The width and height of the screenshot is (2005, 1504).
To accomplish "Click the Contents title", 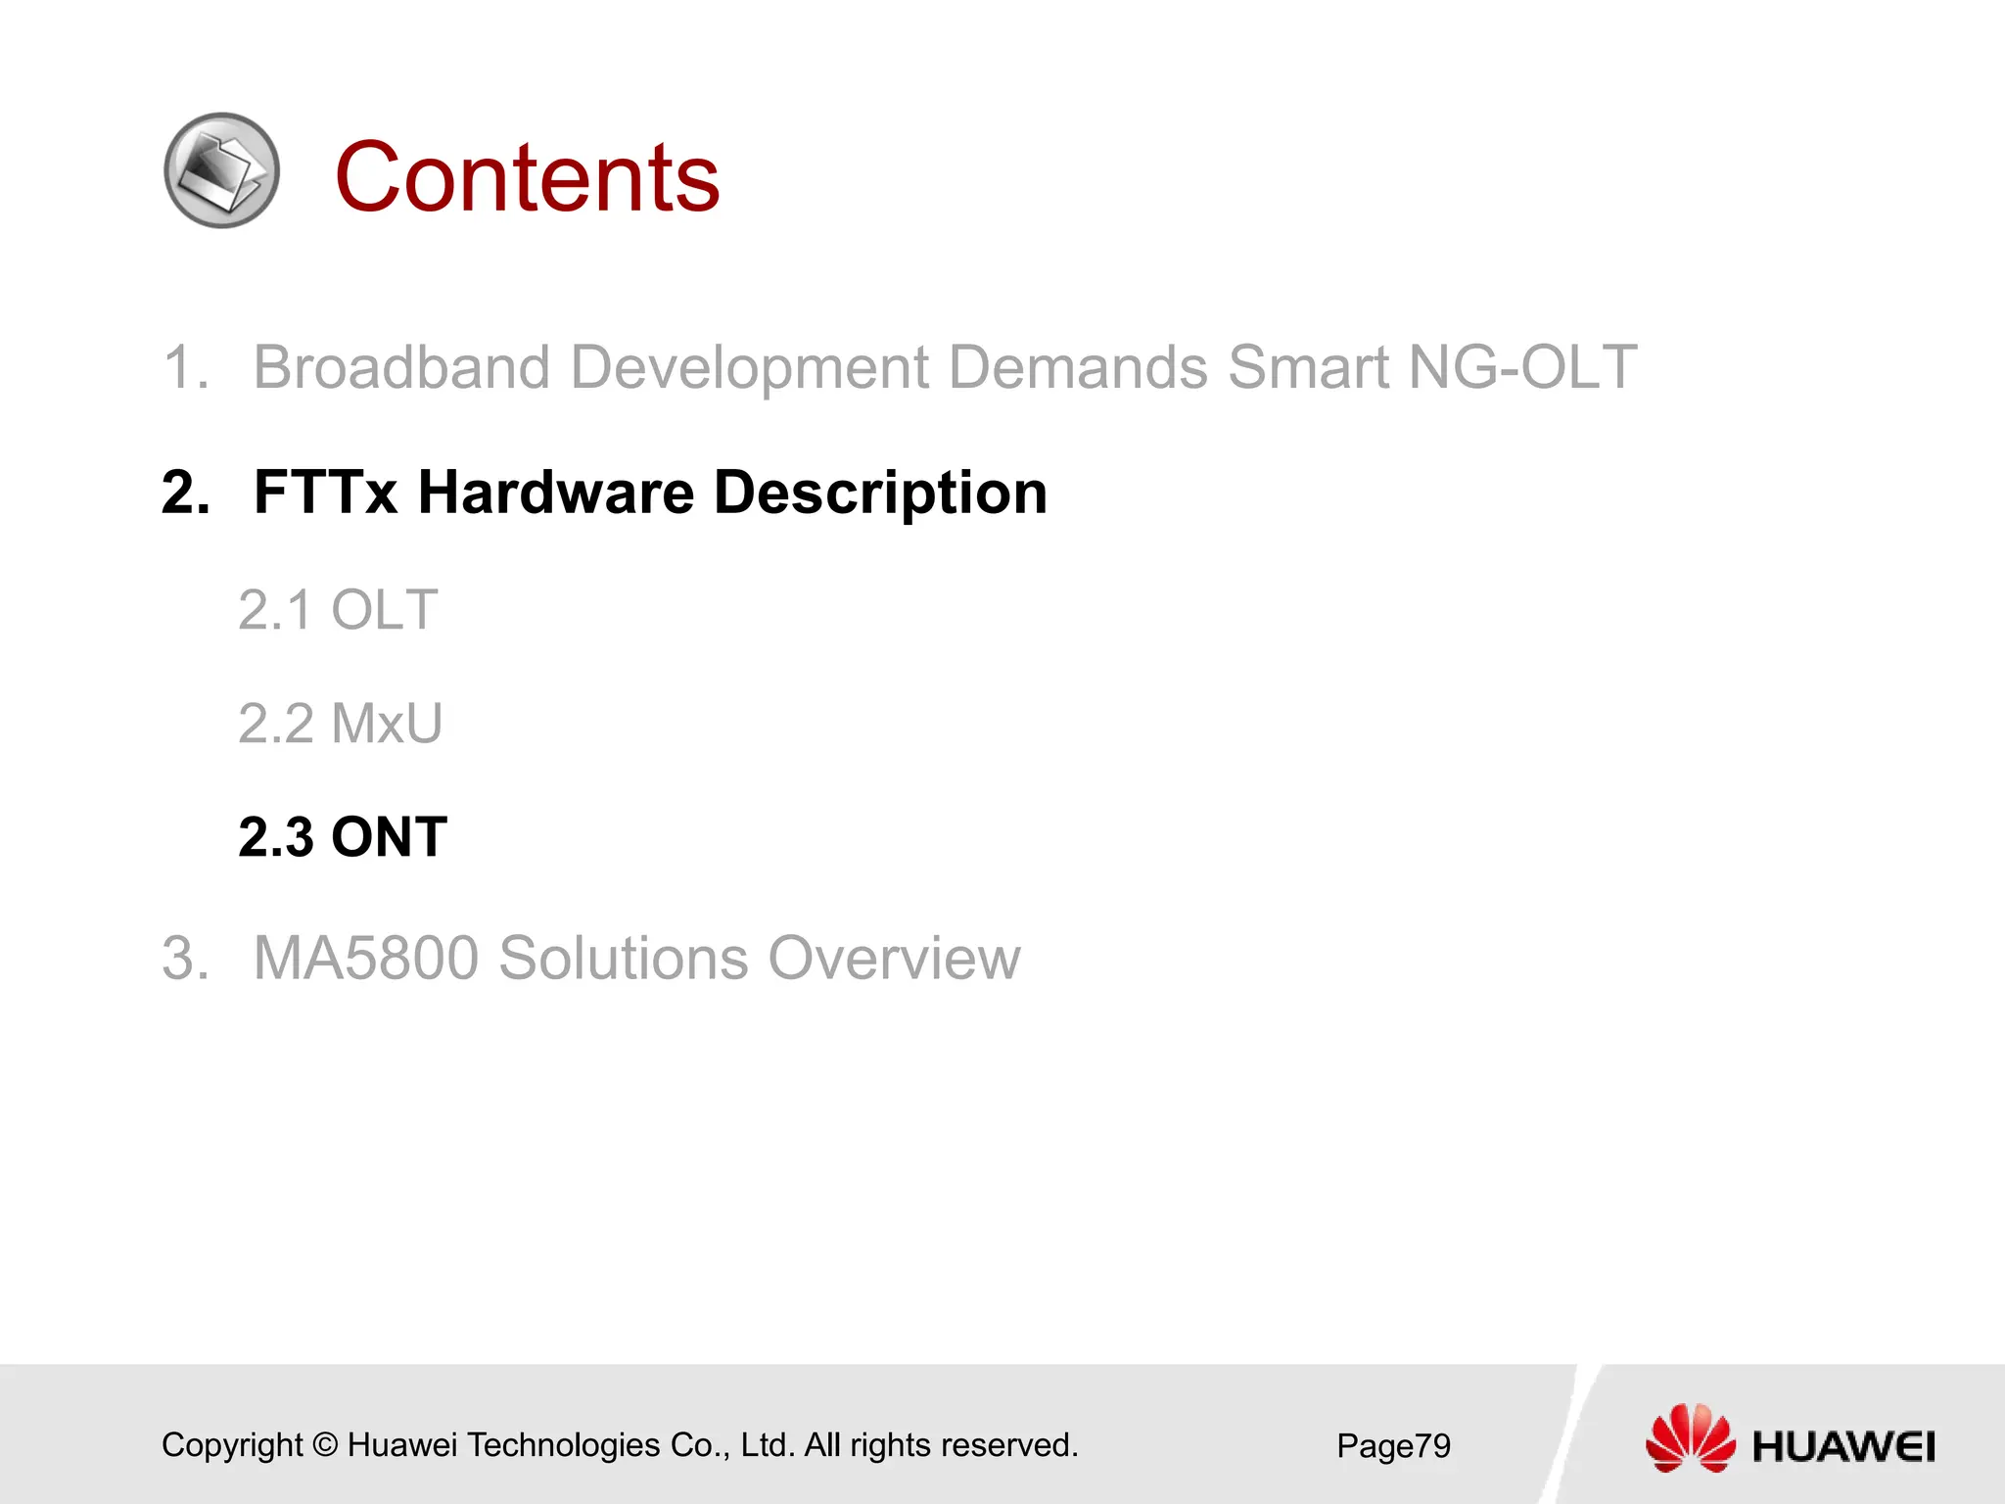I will click(527, 177).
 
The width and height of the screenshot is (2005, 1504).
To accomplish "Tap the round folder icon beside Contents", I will click(222, 171).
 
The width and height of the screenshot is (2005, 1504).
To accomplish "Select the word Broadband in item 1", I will click(401, 367).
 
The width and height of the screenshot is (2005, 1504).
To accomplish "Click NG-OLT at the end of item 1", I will click(1521, 367).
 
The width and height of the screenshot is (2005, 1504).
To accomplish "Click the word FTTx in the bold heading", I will click(325, 492).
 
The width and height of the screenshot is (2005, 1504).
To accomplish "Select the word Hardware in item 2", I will click(556, 492).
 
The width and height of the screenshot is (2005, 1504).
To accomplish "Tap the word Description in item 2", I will click(880, 493).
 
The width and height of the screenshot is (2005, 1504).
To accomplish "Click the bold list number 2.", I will click(185, 492).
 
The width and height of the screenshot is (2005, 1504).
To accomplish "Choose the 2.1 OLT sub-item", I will click(338, 610).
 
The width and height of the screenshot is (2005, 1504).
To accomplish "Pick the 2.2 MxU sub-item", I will click(340, 724).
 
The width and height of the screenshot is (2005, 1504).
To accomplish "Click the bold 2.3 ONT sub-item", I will click(343, 837).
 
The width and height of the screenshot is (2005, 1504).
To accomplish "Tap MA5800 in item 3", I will click(366, 958).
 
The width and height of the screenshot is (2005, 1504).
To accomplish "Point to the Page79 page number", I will click(1393, 1445).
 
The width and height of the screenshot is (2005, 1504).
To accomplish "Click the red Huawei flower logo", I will click(1690, 1436).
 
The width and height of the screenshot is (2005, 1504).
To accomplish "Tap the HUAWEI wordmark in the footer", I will click(1842, 1446).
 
